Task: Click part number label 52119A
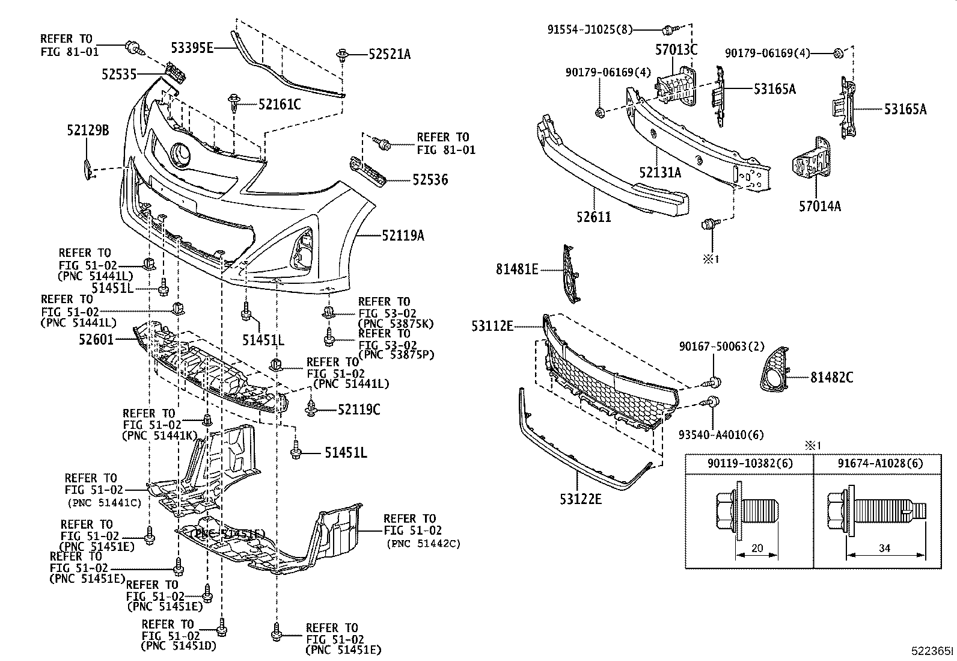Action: coord(403,236)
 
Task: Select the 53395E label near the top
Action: coord(192,48)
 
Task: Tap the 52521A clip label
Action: coord(390,55)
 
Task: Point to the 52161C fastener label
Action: coord(279,105)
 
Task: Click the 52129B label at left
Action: coord(88,129)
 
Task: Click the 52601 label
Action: coord(96,340)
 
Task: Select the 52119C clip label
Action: coord(358,410)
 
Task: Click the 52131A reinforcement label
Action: coord(660,173)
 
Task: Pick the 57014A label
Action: coord(819,207)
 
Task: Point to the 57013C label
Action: coord(676,50)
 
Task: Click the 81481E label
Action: coord(517,269)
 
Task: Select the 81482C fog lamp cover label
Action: coord(831,378)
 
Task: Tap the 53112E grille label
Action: coord(492,327)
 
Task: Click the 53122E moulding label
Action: coord(579,499)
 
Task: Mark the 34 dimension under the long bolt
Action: coord(884,547)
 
